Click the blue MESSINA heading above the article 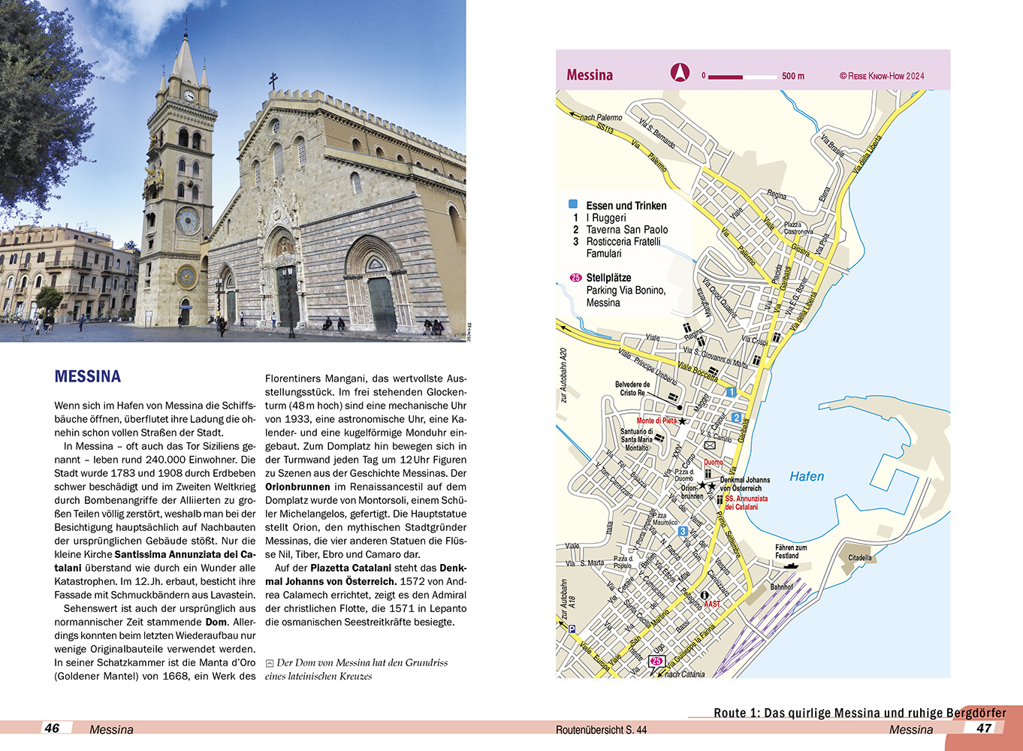point(87,376)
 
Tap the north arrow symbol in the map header point(680,73)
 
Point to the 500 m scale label point(792,76)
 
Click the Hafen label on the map point(807,476)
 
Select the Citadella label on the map point(860,558)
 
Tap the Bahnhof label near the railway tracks point(781,587)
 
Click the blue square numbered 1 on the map point(731,392)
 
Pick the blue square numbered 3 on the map point(683,532)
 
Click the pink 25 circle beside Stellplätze point(575,278)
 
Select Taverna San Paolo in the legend point(626,230)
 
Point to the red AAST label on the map point(711,604)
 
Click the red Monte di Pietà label point(656,421)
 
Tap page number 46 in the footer point(52,728)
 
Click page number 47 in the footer point(984,728)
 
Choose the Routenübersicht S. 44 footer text point(601,729)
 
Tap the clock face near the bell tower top point(189,95)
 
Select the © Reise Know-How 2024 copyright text point(882,76)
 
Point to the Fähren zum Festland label point(791,551)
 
